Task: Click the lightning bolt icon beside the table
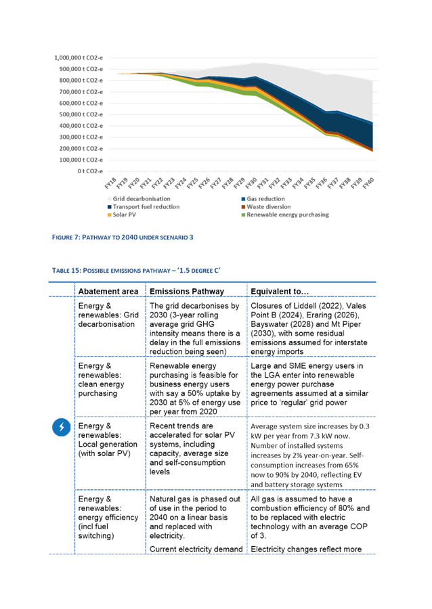(62, 428)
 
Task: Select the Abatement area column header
(108, 291)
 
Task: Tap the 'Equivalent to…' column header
(279, 291)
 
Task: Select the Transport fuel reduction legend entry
(146, 206)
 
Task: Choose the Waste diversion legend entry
(268, 206)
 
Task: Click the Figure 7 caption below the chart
(123, 238)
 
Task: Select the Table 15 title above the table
(136, 271)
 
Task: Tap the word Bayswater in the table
(268, 324)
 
